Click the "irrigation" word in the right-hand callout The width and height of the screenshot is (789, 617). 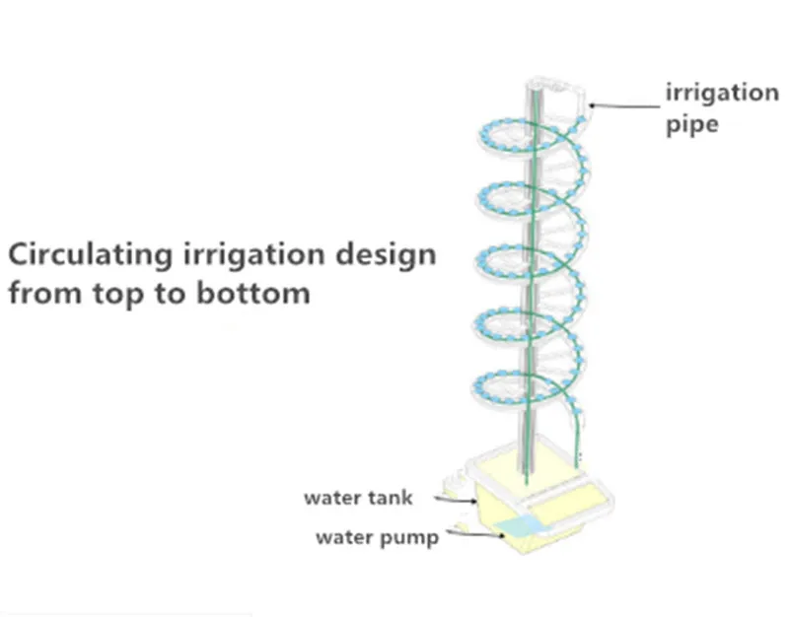[x=721, y=94]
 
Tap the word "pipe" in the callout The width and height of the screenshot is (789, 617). [x=690, y=126]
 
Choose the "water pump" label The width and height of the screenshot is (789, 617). [x=377, y=538]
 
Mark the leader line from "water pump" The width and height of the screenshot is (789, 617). [x=473, y=533]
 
